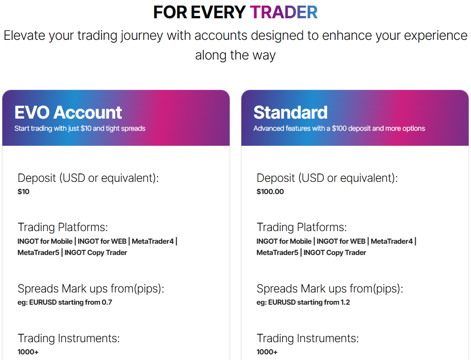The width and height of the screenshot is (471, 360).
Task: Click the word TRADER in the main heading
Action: point(284,12)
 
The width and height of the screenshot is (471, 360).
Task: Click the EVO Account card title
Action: point(68,112)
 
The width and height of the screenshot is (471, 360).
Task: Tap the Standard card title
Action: point(290,112)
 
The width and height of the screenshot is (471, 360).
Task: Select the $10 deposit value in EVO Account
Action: point(23,191)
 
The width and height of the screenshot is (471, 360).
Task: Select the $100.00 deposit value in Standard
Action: point(270,191)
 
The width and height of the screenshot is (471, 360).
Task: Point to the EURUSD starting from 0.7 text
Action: point(65,302)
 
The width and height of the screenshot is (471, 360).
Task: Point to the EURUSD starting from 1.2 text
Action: point(303,302)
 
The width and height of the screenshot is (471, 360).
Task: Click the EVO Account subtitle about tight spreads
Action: point(80,128)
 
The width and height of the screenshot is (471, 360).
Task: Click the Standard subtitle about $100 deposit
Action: point(339,128)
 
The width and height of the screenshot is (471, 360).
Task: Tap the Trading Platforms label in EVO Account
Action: point(63,227)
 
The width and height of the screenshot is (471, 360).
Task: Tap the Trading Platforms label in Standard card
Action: point(302,227)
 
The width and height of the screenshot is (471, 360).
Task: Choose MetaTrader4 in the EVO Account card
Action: point(153,241)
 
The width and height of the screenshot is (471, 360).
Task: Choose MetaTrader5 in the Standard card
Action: point(277,253)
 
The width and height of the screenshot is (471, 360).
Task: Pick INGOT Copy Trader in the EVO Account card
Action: point(96,253)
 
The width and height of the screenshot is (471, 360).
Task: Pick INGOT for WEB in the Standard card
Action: point(341,241)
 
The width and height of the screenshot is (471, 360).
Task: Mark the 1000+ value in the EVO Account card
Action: point(28,352)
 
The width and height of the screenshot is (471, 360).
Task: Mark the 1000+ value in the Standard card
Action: point(267,352)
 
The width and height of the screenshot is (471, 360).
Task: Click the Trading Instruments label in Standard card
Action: point(307,338)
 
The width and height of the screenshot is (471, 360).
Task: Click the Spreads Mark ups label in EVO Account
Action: point(91,289)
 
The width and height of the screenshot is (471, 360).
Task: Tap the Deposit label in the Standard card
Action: point(327,178)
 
